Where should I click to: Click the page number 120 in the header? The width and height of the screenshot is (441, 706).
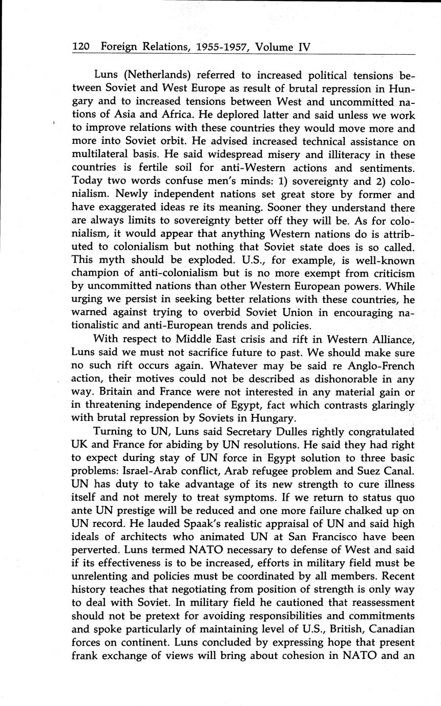click(81, 47)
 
